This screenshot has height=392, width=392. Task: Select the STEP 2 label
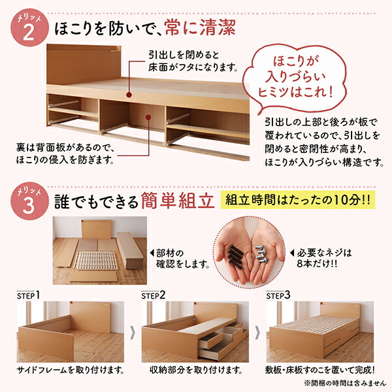pos(154,295)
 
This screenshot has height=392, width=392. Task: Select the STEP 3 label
pos(279,295)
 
